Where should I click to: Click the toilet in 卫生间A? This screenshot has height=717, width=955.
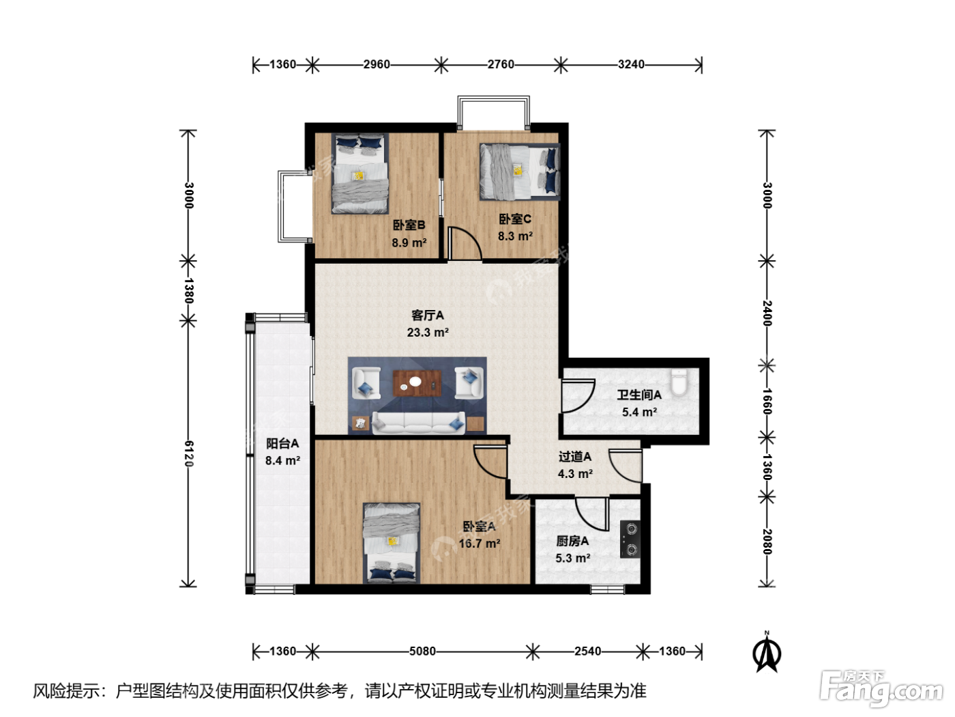click(679, 382)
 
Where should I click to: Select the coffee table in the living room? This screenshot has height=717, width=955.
click(417, 383)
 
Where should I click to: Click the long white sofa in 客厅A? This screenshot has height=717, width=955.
click(418, 423)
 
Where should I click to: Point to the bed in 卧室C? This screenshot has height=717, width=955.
click(520, 171)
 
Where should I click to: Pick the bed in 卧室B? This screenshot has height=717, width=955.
click(359, 173)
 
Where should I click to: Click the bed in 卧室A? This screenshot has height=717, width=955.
click(392, 543)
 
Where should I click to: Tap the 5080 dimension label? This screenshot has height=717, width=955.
click(422, 651)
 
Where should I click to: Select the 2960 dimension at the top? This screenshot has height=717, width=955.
click(377, 64)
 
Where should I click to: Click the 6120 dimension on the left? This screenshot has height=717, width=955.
click(189, 453)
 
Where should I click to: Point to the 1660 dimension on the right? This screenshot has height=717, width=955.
click(767, 402)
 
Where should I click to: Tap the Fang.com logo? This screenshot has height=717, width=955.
click(881, 688)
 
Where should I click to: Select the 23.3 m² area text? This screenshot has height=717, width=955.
click(428, 333)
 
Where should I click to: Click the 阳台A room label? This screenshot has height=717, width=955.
click(282, 444)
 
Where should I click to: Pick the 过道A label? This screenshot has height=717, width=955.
click(575, 457)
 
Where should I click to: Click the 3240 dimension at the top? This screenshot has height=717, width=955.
click(631, 64)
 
